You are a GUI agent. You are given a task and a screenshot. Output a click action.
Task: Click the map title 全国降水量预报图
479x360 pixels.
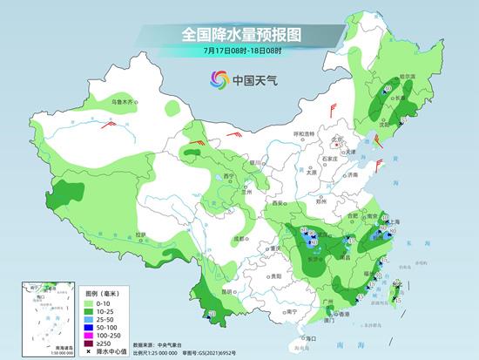239,34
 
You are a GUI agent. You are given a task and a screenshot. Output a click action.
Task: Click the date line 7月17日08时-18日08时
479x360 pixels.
239,52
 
